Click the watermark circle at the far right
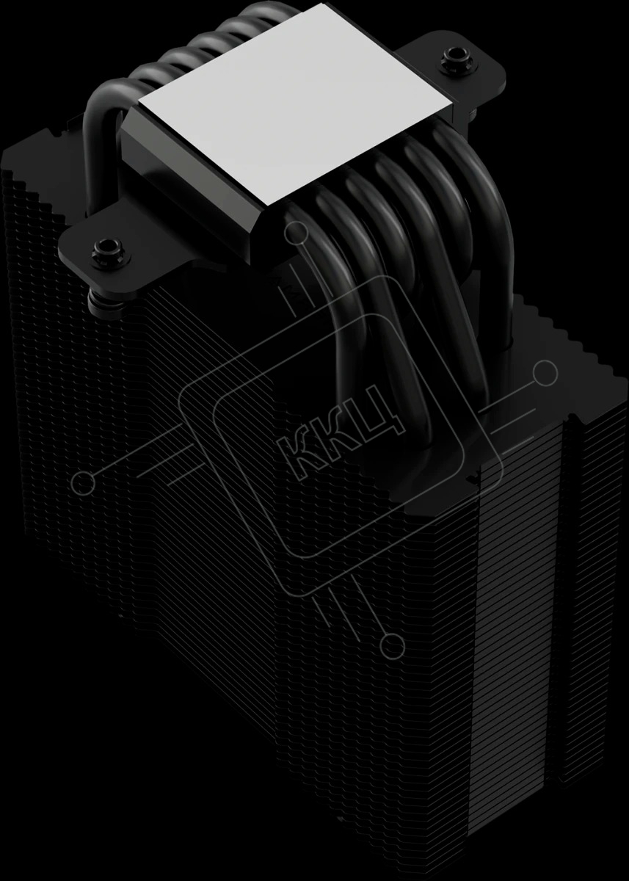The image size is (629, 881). [x=545, y=372]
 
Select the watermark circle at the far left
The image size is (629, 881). [x=84, y=482]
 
